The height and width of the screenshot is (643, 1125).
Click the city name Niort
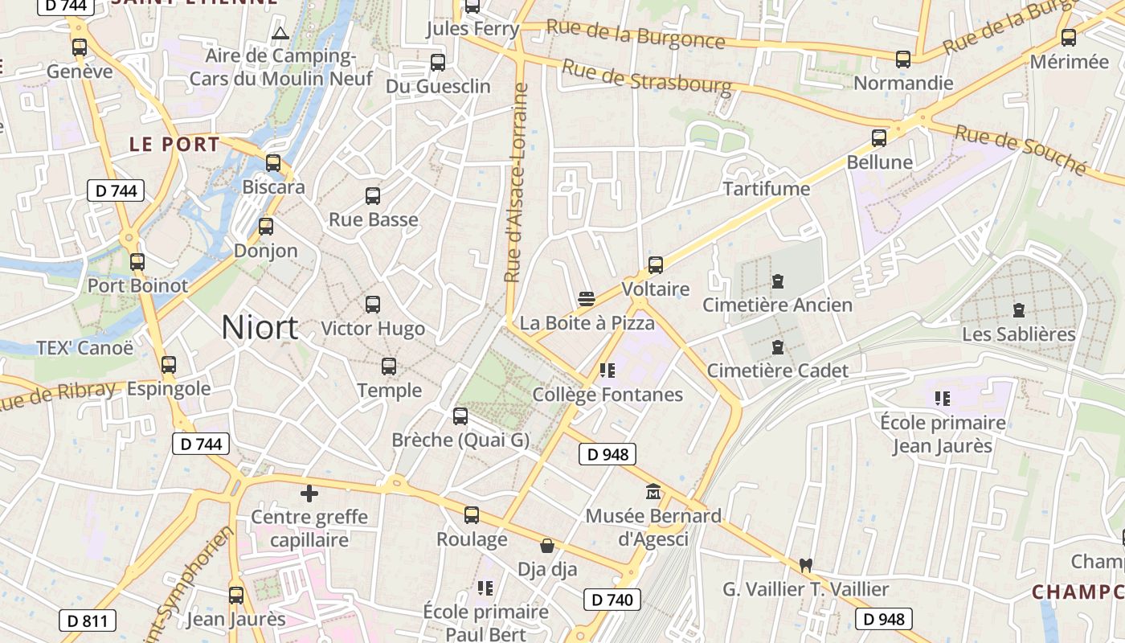pyautogui.click(x=260, y=328)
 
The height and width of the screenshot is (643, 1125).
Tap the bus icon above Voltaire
pyautogui.click(x=656, y=265)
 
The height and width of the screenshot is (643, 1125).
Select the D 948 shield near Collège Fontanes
pyautogui.click(x=607, y=454)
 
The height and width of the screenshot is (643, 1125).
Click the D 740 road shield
pyautogui.click(x=612, y=600)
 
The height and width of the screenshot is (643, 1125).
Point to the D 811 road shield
pyautogui.click(x=88, y=620)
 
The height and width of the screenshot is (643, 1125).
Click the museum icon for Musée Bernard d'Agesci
pyautogui.click(x=653, y=491)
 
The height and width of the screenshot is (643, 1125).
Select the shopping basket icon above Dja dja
pyautogui.click(x=547, y=547)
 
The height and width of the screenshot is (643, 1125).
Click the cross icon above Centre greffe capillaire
pyautogui.click(x=309, y=493)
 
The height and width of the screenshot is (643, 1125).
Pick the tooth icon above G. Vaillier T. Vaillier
pyautogui.click(x=806, y=565)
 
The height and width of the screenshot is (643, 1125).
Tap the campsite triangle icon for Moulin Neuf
pyautogui.click(x=280, y=33)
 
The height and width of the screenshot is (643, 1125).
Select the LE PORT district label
pyautogui.click(x=174, y=145)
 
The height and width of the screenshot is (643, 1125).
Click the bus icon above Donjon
pyautogui.click(x=266, y=227)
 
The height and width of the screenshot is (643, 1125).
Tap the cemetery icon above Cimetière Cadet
pyautogui.click(x=777, y=347)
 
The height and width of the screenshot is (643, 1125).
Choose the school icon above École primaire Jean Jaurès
pyautogui.click(x=943, y=398)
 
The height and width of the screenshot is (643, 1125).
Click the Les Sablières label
pyautogui.click(x=1018, y=334)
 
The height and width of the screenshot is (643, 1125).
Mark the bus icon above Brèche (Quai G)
pyautogui.click(x=460, y=416)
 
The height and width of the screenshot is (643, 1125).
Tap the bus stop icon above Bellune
pyautogui.click(x=879, y=138)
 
